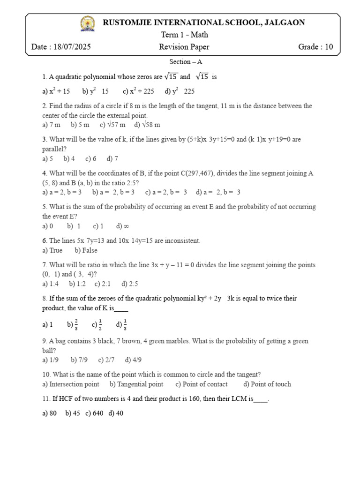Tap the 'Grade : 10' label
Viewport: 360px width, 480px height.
[315, 47]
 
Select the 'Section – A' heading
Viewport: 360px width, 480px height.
[185, 62]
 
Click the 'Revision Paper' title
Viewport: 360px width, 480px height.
[184, 47]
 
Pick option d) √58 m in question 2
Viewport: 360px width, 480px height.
[147, 125]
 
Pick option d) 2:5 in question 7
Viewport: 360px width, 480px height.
[130, 284]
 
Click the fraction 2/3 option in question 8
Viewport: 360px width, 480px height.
[73, 324]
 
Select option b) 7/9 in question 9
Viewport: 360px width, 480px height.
[80, 360]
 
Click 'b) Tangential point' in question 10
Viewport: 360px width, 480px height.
[136, 384]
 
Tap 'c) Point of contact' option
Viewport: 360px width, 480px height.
[202, 384]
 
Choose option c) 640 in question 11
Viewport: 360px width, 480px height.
[94, 413]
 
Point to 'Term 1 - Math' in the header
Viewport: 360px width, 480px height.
[184, 35]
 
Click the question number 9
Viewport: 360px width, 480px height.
[44, 341]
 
